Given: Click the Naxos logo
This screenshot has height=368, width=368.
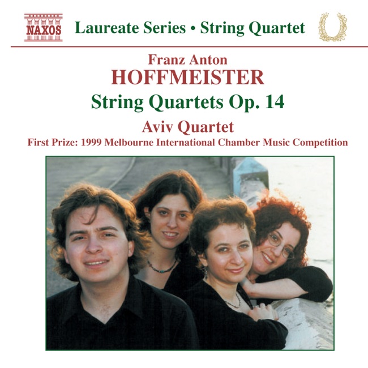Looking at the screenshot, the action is tap(44, 28).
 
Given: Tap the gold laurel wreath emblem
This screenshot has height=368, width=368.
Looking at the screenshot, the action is tap(332, 27).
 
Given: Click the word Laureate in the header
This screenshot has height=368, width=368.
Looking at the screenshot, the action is tap(107, 28).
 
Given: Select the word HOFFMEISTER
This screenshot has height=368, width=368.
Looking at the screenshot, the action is tap(188, 77).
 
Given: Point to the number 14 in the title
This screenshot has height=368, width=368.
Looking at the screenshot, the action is tap(275, 102).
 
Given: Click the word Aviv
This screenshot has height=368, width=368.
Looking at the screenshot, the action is tap(157, 127).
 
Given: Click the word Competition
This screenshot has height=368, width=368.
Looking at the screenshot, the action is tap(320, 143).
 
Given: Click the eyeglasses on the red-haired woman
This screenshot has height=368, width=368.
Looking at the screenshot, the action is tap(281, 246).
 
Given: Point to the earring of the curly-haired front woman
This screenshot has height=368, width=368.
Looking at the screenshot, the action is tap(206, 272).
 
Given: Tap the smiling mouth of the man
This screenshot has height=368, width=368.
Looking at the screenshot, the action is tap(96, 263).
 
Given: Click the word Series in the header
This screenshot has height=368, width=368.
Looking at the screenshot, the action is tap(165, 28).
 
